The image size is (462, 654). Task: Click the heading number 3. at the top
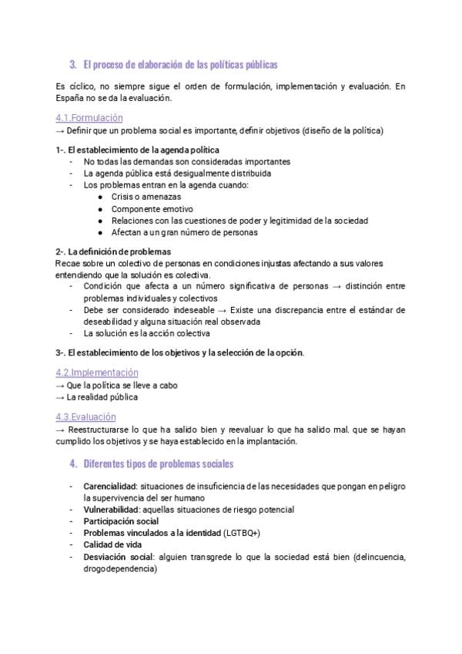click(x=72, y=64)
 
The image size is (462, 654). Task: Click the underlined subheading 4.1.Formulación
click(x=89, y=118)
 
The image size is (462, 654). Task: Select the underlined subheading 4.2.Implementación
click(x=97, y=372)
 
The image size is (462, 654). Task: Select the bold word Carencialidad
click(x=110, y=487)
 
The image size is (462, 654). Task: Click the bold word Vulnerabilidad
click(x=110, y=510)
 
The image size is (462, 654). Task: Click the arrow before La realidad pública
click(x=61, y=397)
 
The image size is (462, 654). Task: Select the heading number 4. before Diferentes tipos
click(x=72, y=464)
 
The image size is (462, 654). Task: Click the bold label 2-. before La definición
click(x=61, y=251)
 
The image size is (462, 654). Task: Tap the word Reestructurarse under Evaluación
click(x=97, y=430)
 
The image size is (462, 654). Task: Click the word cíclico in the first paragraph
click(x=81, y=86)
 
